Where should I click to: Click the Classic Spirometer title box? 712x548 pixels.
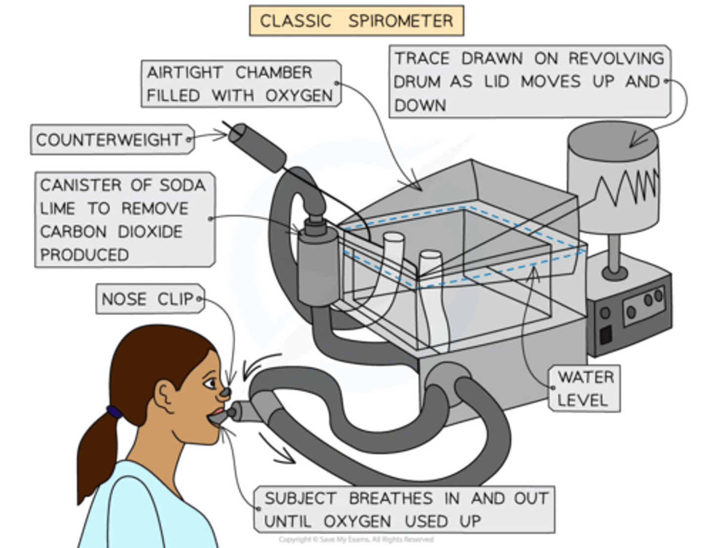(x=356, y=21)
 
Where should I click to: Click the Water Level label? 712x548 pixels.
(x=585, y=389)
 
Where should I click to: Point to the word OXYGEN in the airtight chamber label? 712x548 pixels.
(x=299, y=95)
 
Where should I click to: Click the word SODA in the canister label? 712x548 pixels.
(x=182, y=185)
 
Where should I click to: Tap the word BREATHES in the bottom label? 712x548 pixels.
(x=391, y=499)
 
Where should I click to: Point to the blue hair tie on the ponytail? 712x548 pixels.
(x=114, y=412)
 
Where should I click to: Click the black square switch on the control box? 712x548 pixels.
(x=606, y=335)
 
